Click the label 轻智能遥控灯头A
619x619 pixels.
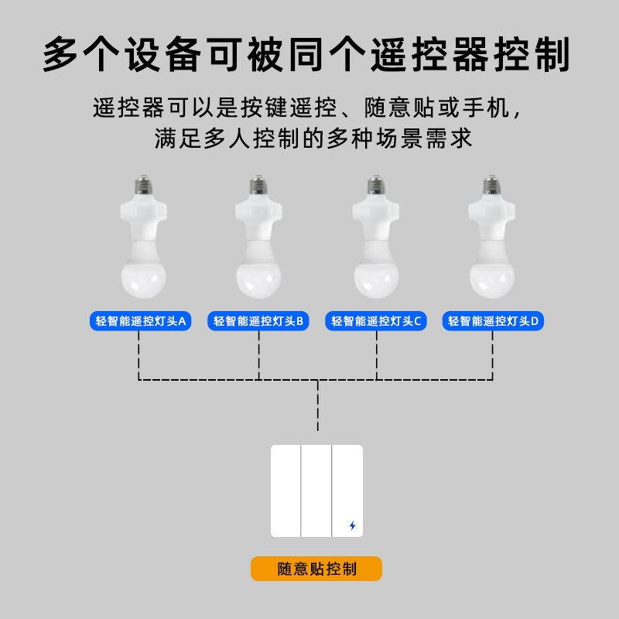[140, 321]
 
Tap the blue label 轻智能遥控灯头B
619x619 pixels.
[258, 321]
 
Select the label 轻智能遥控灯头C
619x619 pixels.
[376, 321]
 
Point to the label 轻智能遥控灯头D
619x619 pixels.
[493, 321]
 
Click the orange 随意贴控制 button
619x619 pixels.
[316, 569]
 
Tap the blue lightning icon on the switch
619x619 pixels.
[353, 525]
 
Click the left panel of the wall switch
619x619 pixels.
[286, 491]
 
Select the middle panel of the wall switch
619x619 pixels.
[316, 491]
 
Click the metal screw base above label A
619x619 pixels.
[142, 186]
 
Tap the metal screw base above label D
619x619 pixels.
[491, 186]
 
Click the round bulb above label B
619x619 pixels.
[258, 275]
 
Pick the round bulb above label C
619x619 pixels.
[376, 275]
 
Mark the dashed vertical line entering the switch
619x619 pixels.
[317, 410]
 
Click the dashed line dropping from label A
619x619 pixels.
[139, 356]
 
